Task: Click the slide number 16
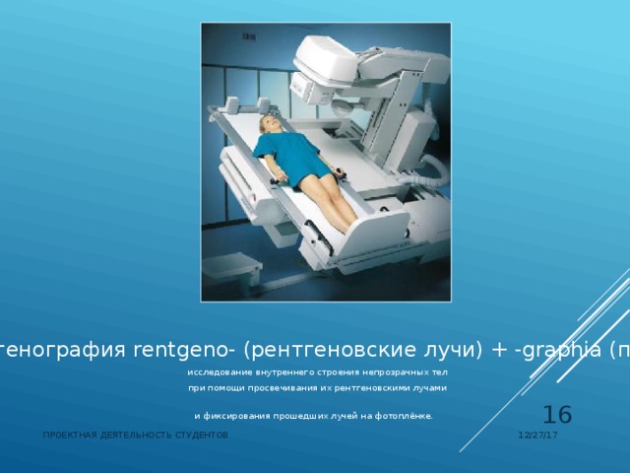(x=557, y=416)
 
